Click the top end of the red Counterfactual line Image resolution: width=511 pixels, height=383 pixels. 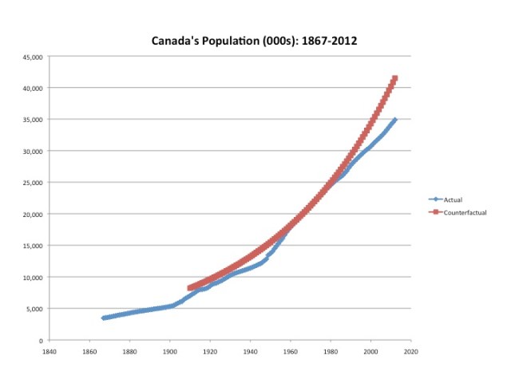[x=395, y=78]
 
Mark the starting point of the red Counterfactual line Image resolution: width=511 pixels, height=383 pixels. [x=190, y=288]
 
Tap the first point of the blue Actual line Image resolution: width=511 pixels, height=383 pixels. [x=104, y=318]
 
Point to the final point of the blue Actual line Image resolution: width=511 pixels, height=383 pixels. [x=395, y=120]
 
